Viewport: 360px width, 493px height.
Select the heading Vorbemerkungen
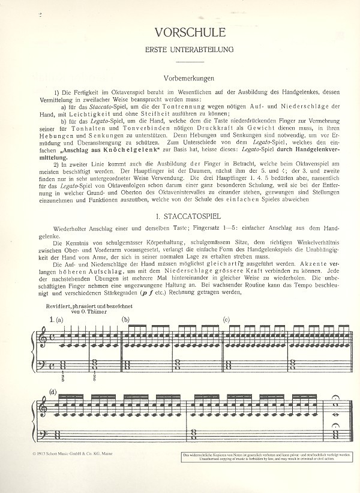[189, 79]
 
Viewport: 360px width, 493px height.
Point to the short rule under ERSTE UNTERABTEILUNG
[189, 61]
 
